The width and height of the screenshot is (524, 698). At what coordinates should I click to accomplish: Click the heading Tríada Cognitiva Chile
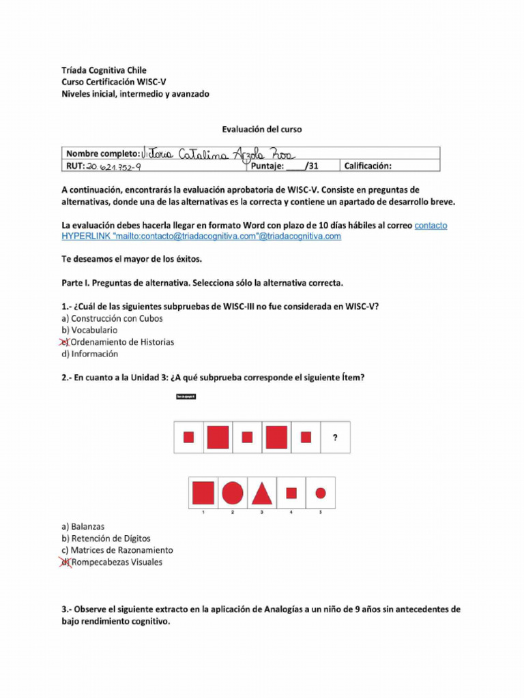click(104, 70)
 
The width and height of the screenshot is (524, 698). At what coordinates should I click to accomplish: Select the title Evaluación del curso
click(262, 129)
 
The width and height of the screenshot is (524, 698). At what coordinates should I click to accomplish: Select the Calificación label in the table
click(368, 166)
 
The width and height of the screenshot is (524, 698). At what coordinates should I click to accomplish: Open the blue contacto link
click(431, 226)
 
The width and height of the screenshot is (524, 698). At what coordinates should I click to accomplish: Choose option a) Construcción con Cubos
click(112, 318)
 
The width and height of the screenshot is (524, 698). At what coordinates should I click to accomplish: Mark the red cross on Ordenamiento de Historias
click(65, 342)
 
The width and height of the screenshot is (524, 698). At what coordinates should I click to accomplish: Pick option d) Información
click(89, 354)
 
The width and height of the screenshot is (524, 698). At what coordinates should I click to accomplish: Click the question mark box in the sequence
click(335, 438)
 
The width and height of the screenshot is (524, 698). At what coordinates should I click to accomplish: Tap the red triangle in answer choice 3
click(262, 492)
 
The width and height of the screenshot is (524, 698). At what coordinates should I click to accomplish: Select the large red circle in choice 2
click(233, 492)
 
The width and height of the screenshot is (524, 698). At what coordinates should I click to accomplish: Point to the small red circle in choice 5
click(321, 492)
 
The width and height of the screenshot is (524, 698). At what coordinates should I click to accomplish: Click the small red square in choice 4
click(291, 492)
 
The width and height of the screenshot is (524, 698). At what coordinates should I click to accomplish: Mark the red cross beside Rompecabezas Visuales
click(65, 562)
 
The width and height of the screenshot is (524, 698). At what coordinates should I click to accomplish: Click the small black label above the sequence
click(186, 397)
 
